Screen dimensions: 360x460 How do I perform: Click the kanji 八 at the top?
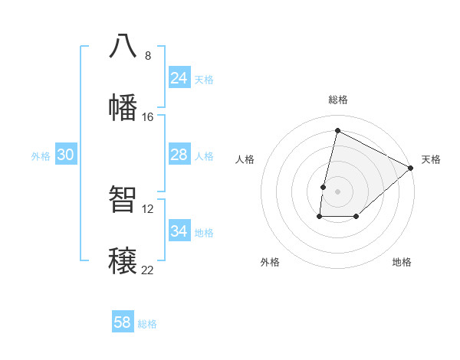click(123, 46)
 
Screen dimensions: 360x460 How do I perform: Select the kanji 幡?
click(123, 107)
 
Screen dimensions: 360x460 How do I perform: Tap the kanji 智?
click(123, 199)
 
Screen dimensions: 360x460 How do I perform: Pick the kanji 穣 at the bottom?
click(123, 260)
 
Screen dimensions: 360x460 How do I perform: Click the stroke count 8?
click(147, 55)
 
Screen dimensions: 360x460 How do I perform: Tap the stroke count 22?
click(147, 270)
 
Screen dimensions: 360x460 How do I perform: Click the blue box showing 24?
click(179, 78)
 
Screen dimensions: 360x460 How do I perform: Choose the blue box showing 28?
click(179, 155)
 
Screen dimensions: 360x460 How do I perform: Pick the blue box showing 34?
click(179, 231)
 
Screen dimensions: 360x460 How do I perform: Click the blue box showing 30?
click(66, 155)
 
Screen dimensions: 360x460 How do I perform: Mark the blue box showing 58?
click(123, 322)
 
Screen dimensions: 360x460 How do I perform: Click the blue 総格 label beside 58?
click(147, 324)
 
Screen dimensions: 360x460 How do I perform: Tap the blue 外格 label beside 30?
click(41, 156)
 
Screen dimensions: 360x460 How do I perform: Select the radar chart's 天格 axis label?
click(431, 159)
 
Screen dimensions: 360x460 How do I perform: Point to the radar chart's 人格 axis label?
click(245, 159)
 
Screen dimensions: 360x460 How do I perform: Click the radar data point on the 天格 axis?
click(411, 168)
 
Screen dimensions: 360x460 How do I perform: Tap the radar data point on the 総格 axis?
click(337, 131)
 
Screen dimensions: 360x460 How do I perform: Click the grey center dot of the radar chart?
click(337, 191)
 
